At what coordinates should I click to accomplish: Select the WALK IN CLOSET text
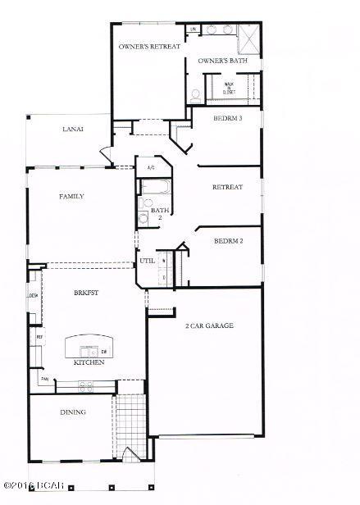coord(230,88)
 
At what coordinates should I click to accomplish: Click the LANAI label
coord(73,130)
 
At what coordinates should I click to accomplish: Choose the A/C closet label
coord(151,169)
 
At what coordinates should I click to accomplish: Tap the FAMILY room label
coord(71,197)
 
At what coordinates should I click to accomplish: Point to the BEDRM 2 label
coord(227,241)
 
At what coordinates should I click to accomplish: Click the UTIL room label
coord(148,261)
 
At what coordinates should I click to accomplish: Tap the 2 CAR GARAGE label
coord(210,325)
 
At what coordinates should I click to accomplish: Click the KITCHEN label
coord(89,362)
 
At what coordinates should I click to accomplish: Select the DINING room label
coord(73,412)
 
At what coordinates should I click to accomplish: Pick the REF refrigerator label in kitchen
coord(39,337)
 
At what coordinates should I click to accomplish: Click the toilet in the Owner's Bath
coord(195,95)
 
